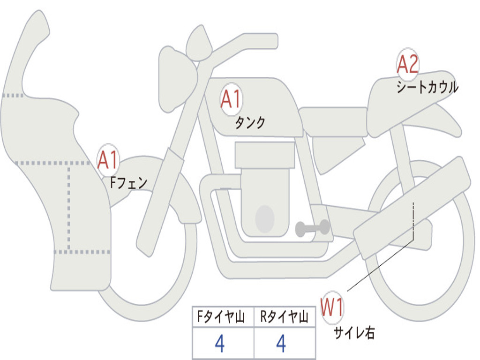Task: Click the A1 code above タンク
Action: coord(231,99)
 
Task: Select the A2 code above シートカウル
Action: coord(407,64)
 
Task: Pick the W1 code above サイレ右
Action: coord(331,307)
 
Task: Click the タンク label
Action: coord(250,122)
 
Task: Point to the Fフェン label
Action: coord(128,183)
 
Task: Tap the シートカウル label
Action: coord(427,87)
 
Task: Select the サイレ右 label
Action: coord(354,332)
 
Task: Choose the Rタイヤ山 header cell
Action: coord(285,316)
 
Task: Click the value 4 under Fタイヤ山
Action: coord(220,343)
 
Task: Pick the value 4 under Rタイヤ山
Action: coord(281,343)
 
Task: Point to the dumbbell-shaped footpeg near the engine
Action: coord(312,228)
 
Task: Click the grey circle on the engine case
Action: coord(265,219)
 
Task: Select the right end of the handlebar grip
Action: coord(277,41)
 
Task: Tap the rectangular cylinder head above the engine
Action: coord(265,155)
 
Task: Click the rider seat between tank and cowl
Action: coord(333,121)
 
